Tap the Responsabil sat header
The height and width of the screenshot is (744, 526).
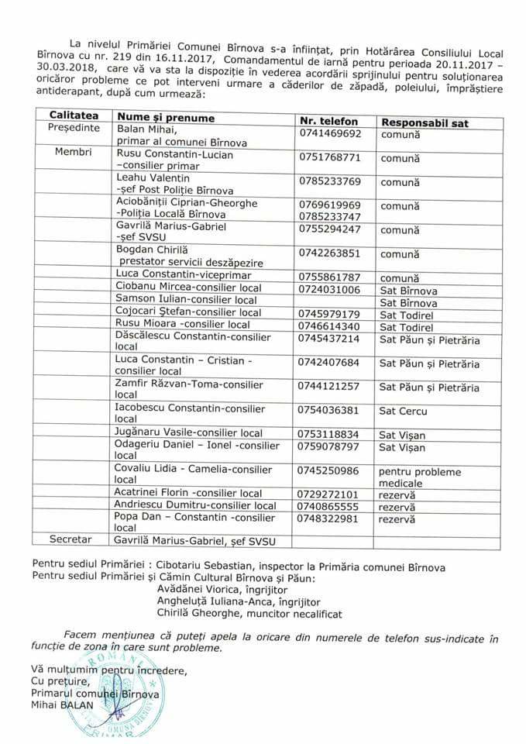click(425, 122)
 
